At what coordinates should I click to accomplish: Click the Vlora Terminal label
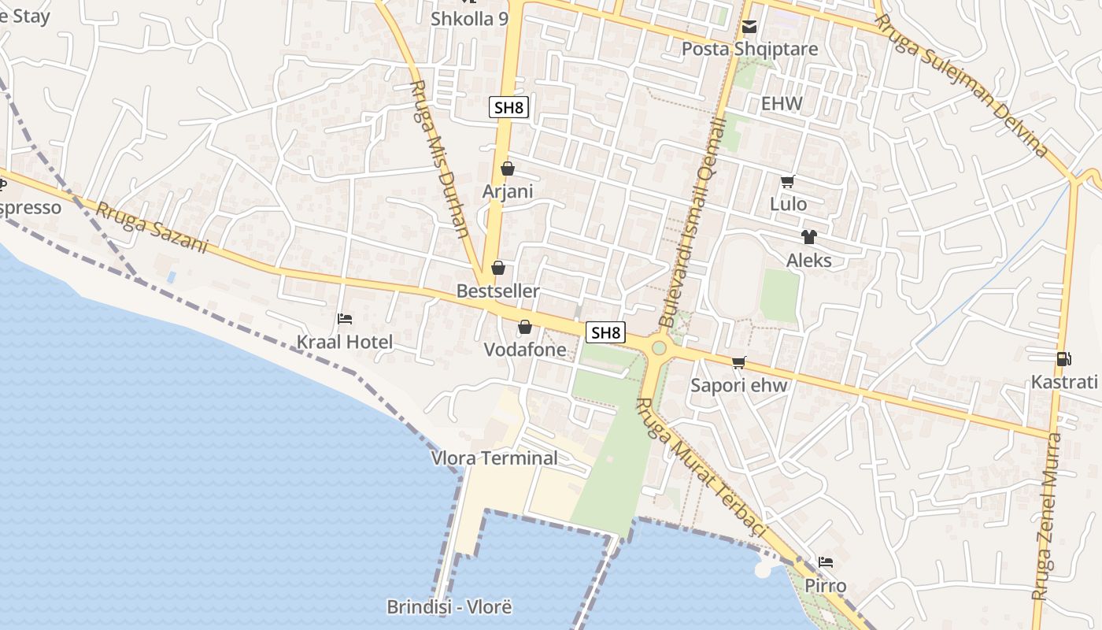[x=494, y=458]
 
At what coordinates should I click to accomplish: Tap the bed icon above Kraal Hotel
[x=345, y=319]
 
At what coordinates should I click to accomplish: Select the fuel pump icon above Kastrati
[x=1063, y=359]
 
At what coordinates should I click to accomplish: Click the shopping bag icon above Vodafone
[x=525, y=327]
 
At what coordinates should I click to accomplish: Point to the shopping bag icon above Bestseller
[x=498, y=269]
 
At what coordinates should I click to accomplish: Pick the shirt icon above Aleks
[x=808, y=237]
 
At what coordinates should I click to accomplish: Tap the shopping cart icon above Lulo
[x=787, y=182]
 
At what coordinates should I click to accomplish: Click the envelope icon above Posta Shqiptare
[x=749, y=28]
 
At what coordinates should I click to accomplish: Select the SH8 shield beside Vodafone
[x=605, y=332]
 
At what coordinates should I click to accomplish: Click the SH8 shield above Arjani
[x=508, y=108]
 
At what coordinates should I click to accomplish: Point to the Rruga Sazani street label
[x=152, y=228]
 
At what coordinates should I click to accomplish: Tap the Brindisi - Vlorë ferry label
[x=449, y=607]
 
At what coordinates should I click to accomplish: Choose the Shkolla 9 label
[x=469, y=19]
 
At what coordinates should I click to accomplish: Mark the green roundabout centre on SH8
[x=659, y=347]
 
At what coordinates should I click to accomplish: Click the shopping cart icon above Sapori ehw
[x=738, y=362]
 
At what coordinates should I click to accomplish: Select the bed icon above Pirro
[x=825, y=562]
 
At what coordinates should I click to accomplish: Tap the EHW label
[x=782, y=103]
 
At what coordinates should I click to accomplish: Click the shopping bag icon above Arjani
[x=508, y=169]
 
